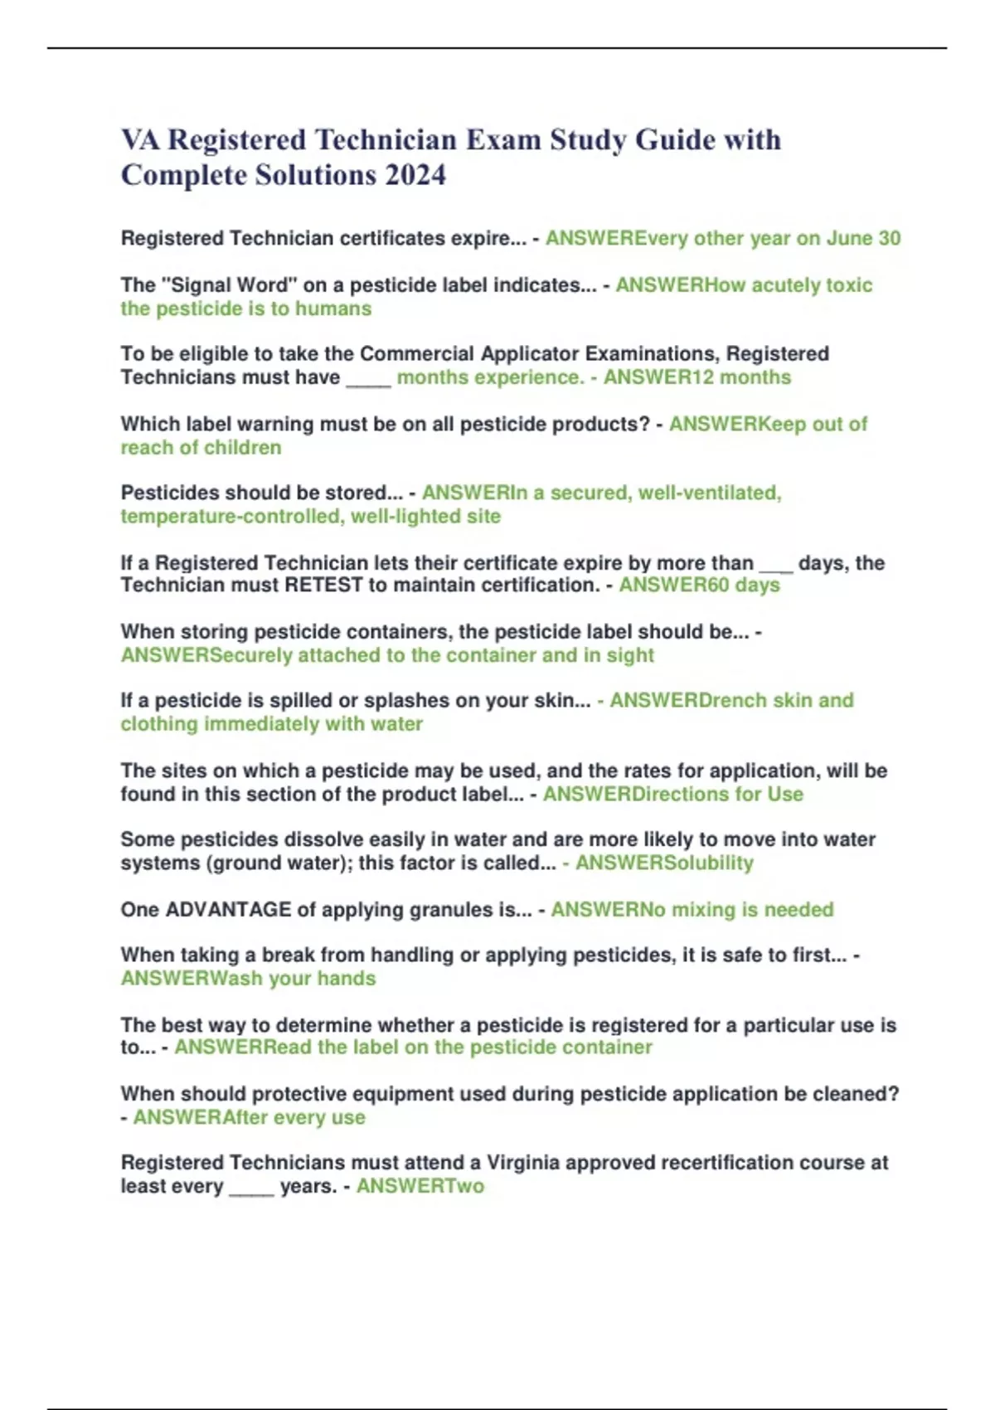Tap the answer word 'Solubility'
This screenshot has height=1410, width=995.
[706, 863]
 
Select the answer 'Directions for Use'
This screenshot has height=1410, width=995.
[717, 795]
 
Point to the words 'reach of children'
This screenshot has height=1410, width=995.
[201, 448]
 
